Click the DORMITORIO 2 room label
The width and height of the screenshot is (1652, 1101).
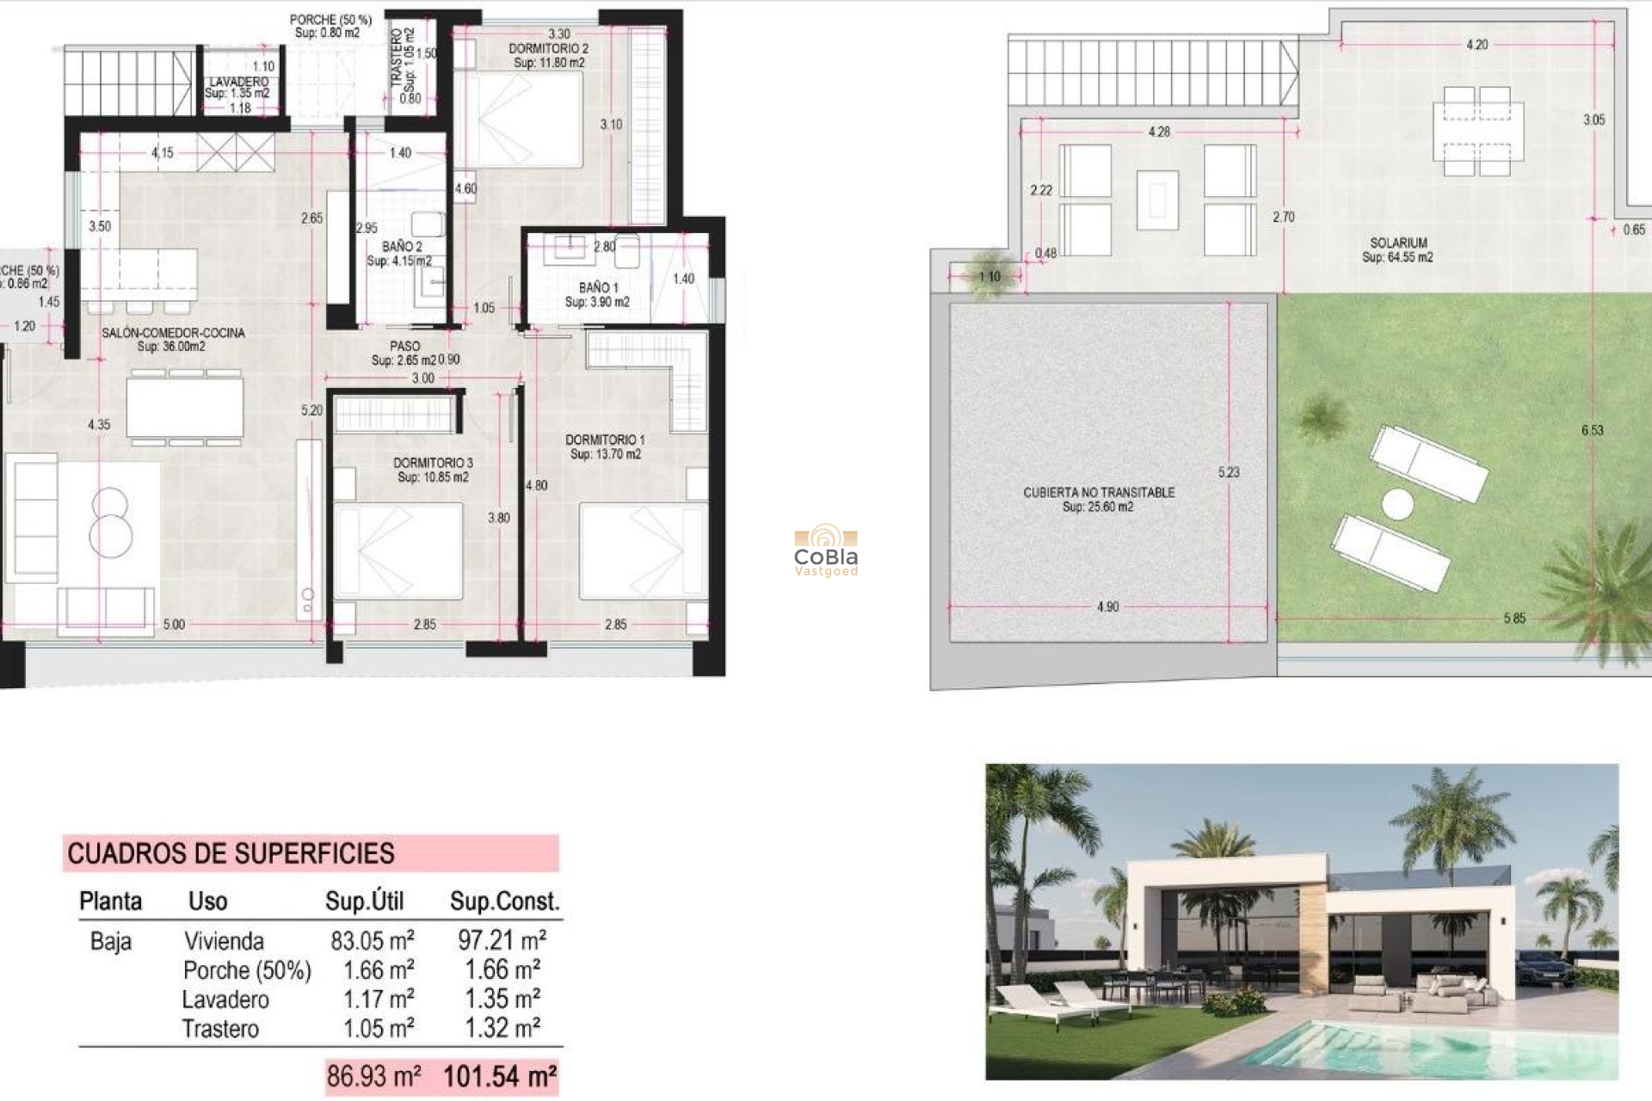548,49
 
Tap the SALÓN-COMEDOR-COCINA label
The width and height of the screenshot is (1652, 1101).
173,333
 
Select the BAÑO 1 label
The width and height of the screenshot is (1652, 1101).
598,287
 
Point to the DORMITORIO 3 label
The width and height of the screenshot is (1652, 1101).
433,463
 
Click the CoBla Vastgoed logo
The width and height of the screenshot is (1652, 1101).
826,550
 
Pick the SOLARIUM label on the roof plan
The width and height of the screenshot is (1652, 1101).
1398,243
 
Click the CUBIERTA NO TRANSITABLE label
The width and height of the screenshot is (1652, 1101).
1099,492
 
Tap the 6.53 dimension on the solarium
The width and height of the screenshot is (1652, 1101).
1592,430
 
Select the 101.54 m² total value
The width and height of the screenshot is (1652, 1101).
500,1076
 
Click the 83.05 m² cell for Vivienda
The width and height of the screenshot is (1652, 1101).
373,940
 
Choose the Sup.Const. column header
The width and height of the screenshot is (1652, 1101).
504,901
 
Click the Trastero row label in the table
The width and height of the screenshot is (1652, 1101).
220,1029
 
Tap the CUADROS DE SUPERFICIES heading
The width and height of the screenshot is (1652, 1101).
231,853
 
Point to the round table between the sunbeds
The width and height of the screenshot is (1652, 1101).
1397,504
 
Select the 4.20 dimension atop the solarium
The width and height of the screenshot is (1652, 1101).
1476,45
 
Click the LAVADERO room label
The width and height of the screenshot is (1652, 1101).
238,82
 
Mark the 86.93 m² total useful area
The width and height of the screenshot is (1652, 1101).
373,1076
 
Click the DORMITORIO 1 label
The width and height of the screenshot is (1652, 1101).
605,440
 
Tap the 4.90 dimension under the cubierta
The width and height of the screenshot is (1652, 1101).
1107,607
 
